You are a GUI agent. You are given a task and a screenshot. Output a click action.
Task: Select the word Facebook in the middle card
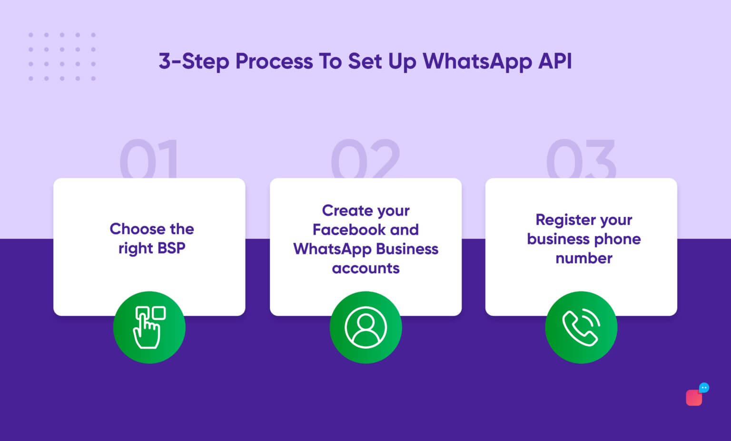tap(349, 230)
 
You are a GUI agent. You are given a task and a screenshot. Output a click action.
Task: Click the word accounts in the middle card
tap(365, 268)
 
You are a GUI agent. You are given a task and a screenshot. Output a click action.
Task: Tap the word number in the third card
tap(583, 258)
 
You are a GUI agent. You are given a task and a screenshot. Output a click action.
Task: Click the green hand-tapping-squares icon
tap(149, 327)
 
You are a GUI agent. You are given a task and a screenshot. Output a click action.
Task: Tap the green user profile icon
tap(365, 327)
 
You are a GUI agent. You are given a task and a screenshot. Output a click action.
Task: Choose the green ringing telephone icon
tap(581, 327)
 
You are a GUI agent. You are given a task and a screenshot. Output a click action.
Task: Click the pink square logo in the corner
tap(693, 398)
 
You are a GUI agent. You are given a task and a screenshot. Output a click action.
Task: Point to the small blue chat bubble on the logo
tap(704, 388)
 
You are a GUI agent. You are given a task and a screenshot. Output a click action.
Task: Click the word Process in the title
tap(274, 62)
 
